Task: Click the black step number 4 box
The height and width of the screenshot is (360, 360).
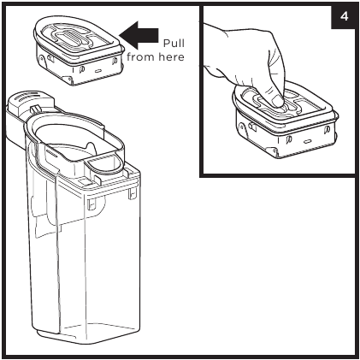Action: point(343,17)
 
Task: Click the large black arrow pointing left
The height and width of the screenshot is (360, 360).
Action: point(139,35)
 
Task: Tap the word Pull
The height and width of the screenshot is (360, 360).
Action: point(174,44)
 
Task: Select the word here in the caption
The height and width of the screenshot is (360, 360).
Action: point(171,57)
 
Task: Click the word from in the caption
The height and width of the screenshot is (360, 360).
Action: point(141,57)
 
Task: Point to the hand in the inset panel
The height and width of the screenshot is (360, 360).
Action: point(246,62)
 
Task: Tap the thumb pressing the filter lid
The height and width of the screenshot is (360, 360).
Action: point(276,100)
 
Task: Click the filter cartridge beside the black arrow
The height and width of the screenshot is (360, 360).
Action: point(79,50)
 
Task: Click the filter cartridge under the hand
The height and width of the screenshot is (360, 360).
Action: point(286,121)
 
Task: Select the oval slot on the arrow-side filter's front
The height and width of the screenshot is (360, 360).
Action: point(98,70)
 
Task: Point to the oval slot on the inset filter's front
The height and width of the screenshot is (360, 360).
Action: point(307,141)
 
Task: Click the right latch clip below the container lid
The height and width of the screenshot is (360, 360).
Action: point(132,193)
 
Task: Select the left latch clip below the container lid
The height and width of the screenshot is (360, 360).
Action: point(91,204)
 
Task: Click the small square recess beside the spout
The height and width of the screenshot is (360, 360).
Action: point(85,181)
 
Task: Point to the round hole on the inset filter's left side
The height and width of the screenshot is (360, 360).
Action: point(243,126)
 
